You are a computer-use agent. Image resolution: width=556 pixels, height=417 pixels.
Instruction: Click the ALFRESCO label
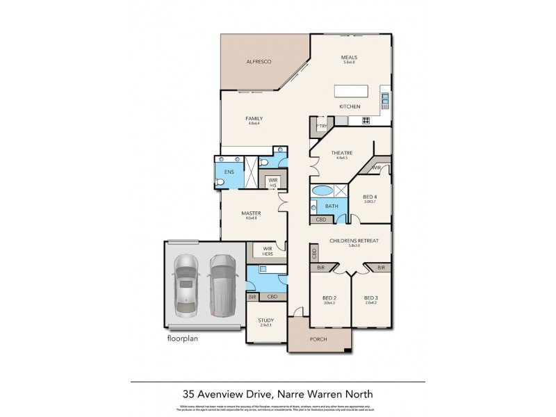[x=258, y=63]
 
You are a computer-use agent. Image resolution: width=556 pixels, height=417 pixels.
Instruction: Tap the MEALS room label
[x=349, y=58]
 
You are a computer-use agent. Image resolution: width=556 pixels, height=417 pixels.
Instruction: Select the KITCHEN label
[x=349, y=106]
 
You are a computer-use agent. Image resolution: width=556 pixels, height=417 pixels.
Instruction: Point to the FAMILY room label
[x=254, y=119]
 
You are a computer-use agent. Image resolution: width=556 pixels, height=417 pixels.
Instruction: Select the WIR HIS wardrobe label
[x=274, y=182]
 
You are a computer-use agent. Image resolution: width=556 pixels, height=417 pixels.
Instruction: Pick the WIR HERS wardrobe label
[x=266, y=250]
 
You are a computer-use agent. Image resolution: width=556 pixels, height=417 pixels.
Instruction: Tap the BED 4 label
[x=370, y=197]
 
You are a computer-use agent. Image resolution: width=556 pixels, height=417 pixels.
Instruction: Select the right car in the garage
[x=222, y=283]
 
